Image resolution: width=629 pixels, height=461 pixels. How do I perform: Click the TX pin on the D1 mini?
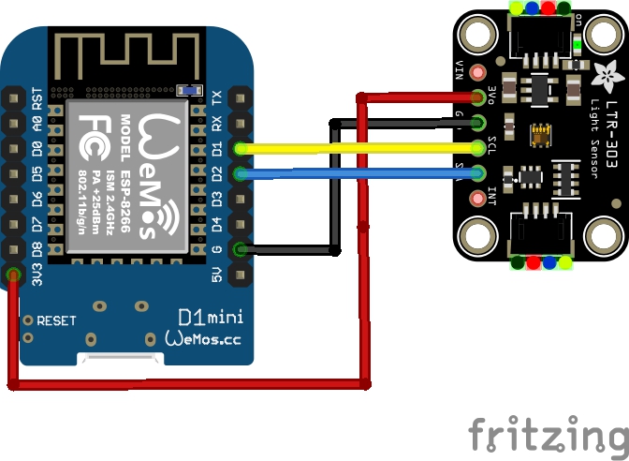[x=241, y=97]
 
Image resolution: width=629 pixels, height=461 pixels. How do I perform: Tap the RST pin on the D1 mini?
[x=14, y=97]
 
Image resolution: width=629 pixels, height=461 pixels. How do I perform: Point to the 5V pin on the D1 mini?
[x=241, y=275]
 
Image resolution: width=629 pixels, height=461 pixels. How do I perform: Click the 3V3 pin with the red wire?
[x=14, y=275]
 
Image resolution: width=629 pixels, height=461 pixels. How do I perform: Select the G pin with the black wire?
[x=241, y=249]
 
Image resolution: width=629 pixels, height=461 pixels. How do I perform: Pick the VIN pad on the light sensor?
[x=480, y=72]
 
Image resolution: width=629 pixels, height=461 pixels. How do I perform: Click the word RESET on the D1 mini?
[x=56, y=320]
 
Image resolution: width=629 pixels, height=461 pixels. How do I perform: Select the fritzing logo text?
[x=547, y=435]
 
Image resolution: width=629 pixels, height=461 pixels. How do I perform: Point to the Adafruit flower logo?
[x=604, y=71]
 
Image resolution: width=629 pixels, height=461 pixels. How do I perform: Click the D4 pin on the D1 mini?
[x=241, y=224]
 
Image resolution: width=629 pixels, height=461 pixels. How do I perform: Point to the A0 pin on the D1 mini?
[x=14, y=123]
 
